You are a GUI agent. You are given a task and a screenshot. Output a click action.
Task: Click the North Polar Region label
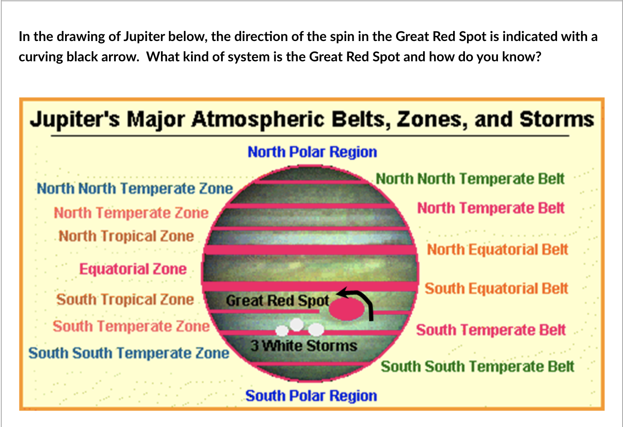pyautogui.click(x=312, y=152)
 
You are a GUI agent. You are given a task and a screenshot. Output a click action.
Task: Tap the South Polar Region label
pyautogui.click(x=311, y=396)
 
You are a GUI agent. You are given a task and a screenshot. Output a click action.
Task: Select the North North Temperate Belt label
pyautogui.click(x=470, y=178)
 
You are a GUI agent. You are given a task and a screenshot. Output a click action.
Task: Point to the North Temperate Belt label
pyautogui.click(x=491, y=208)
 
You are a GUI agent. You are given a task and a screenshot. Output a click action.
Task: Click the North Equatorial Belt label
pyautogui.click(x=497, y=249)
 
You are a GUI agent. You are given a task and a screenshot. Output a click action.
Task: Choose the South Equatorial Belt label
pyautogui.click(x=496, y=288)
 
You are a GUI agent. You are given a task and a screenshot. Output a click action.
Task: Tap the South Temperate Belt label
pyautogui.click(x=491, y=330)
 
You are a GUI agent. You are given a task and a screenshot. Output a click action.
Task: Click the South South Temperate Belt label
pyautogui.click(x=478, y=367)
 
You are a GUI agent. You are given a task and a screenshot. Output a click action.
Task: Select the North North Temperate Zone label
pyautogui.click(x=135, y=188)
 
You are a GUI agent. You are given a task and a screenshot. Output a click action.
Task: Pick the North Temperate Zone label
pyautogui.click(x=131, y=213)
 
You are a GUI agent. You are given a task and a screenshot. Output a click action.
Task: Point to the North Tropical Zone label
pyautogui.click(x=126, y=236)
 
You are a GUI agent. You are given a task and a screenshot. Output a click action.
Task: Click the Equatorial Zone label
pyautogui.click(x=133, y=269)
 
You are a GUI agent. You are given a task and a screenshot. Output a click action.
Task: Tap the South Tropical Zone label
pyautogui.click(x=125, y=300)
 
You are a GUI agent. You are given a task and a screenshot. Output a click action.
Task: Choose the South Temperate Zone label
pyautogui.click(x=131, y=326)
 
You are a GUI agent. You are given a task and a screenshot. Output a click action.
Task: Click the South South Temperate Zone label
pyautogui.click(x=129, y=353)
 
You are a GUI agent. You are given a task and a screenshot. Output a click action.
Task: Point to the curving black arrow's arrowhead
pyautogui.click(x=342, y=293)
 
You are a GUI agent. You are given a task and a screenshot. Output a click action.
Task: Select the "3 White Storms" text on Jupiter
pyautogui.click(x=304, y=346)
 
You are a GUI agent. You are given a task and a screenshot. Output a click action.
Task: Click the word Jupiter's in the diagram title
pyautogui.click(x=75, y=120)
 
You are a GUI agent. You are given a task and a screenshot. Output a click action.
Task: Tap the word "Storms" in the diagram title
pyautogui.click(x=557, y=119)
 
